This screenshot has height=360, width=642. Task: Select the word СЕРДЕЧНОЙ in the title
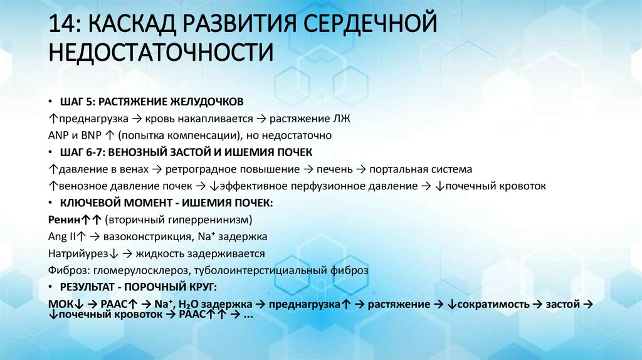(x=371, y=23)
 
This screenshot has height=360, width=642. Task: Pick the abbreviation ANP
(x=58, y=135)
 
